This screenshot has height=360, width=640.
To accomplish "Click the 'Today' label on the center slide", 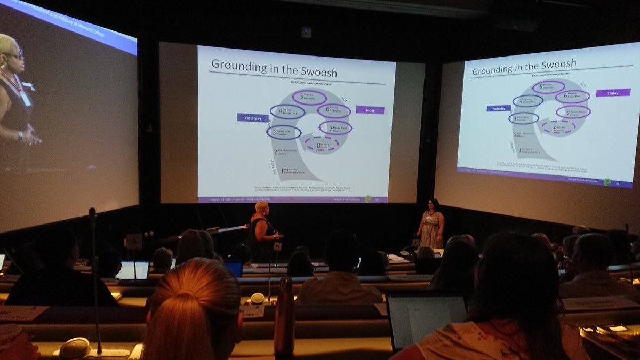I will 370,110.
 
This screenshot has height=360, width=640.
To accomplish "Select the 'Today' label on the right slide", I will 613,93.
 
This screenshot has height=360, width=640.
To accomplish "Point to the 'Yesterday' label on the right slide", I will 498,108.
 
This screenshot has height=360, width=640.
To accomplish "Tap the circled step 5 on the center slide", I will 309,98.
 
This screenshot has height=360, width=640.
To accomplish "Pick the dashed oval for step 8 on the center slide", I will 322,145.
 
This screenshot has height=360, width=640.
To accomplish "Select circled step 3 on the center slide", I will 284,132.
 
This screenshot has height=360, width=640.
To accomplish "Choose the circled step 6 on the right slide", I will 572,97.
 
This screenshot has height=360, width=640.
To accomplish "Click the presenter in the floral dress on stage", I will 431,224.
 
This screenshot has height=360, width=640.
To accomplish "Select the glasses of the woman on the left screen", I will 13,54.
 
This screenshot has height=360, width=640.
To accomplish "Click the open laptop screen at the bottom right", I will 427,320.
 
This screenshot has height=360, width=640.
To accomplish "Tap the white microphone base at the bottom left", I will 75,348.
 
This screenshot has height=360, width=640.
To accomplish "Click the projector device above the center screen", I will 306,33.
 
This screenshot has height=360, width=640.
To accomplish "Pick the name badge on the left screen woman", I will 25,99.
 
